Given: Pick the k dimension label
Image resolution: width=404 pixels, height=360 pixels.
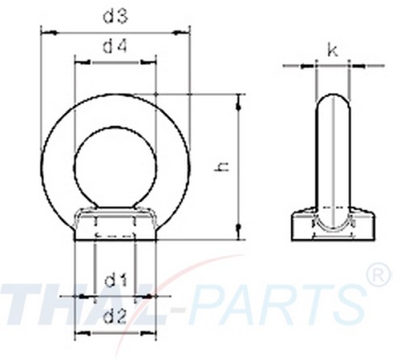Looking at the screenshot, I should point(332,51).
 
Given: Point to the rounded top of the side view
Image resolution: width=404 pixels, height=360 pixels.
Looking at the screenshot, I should point(332,101).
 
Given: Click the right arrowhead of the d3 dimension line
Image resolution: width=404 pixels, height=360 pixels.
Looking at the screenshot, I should point(186,32).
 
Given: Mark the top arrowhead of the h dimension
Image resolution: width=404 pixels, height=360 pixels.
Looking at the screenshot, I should point(239,98).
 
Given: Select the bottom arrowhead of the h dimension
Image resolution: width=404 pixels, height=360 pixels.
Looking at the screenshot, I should point(239,237).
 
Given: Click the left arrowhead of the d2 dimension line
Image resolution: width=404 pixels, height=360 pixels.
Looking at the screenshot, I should point(78,333).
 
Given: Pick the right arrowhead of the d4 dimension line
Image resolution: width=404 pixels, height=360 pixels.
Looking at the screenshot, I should point(151,61).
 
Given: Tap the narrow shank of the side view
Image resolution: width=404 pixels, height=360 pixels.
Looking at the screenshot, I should point(332,161).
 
